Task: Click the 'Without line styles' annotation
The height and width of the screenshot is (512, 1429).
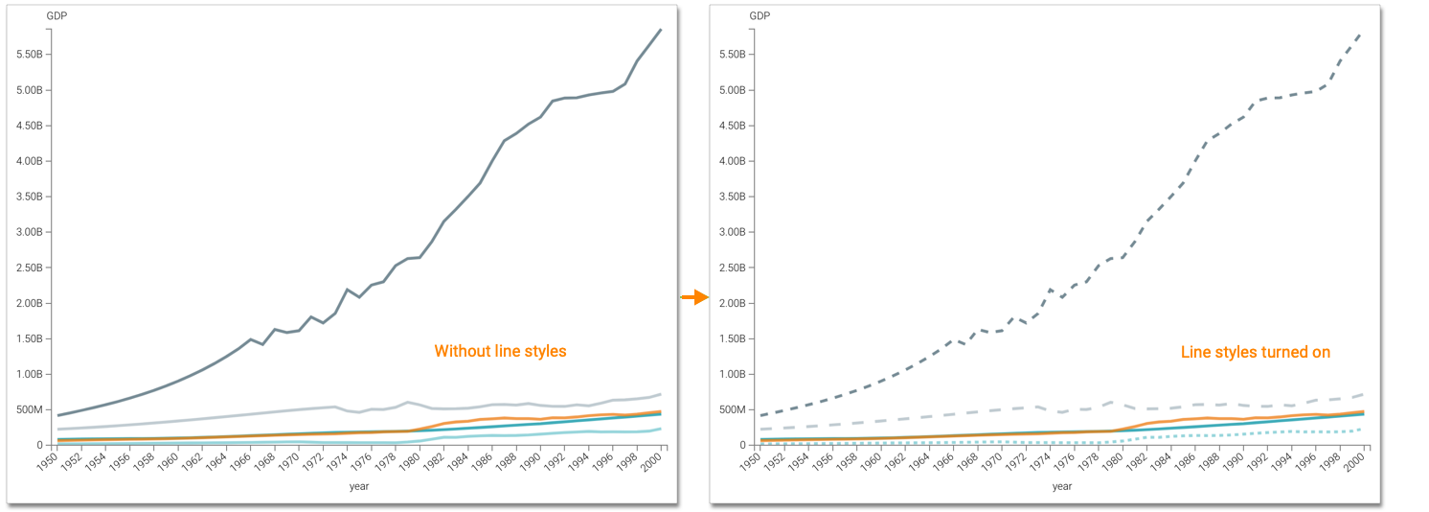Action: coord(500,351)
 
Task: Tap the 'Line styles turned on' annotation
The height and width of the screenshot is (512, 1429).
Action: coord(1255,352)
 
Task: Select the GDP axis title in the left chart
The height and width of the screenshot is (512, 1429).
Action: coord(57,15)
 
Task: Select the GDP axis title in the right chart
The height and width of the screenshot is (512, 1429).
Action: coord(760,15)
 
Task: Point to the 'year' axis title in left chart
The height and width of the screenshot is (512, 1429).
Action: coord(359,486)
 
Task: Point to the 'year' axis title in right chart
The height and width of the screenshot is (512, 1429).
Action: coord(1062,486)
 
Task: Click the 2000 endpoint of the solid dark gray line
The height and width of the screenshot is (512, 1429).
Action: coord(661,30)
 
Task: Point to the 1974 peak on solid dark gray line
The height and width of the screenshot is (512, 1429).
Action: coord(347,290)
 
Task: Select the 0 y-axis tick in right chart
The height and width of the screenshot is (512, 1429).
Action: coord(741,445)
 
